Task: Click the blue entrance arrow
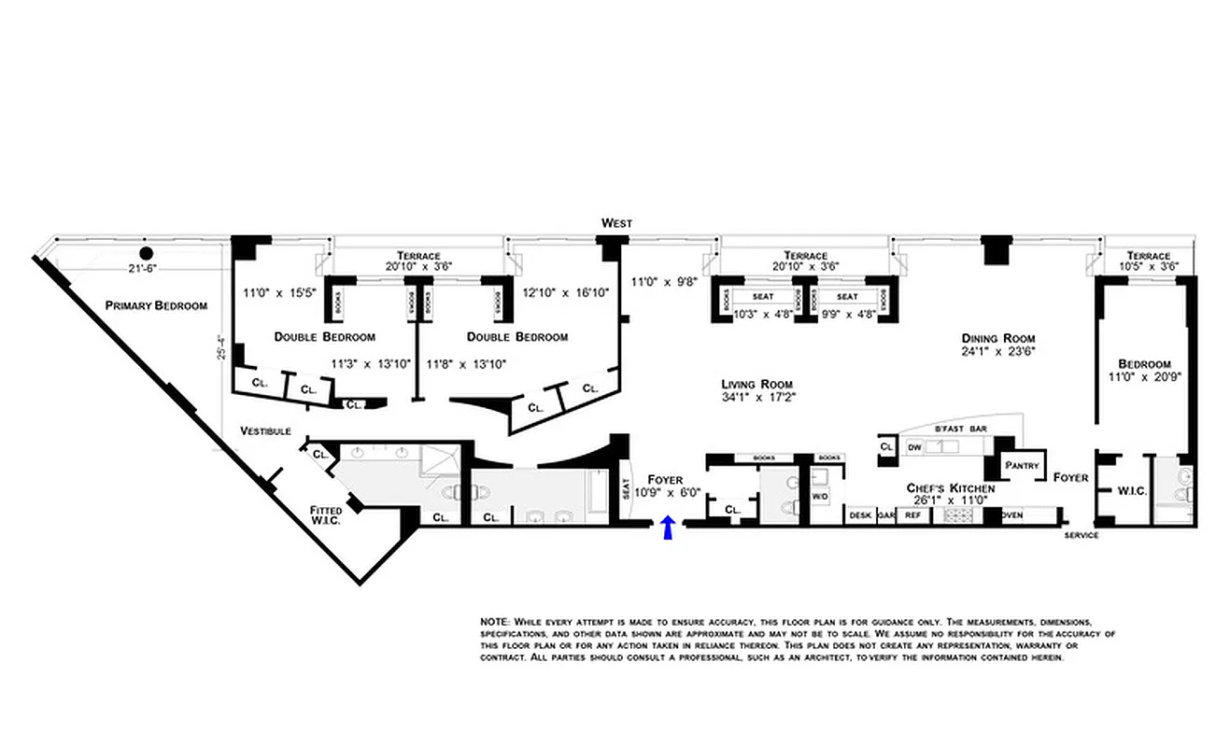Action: pos(668,528)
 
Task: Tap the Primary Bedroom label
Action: pos(156,305)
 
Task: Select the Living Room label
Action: pos(756,384)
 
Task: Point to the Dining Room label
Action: pos(998,338)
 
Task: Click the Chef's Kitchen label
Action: pos(950,488)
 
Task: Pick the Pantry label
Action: pos(1022,464)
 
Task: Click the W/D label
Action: pos(819,497)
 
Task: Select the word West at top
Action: pos(616,223)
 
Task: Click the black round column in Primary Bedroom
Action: pos(146,253)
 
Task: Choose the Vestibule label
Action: pos(265,431)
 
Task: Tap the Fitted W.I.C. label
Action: pos(326,514)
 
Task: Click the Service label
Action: pos(1082,536)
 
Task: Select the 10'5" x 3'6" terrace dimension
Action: pos(1148,267)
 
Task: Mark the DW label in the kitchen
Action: pos(914,447)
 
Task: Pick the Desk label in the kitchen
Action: pos(860,514)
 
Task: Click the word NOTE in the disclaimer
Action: pos(492,621)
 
